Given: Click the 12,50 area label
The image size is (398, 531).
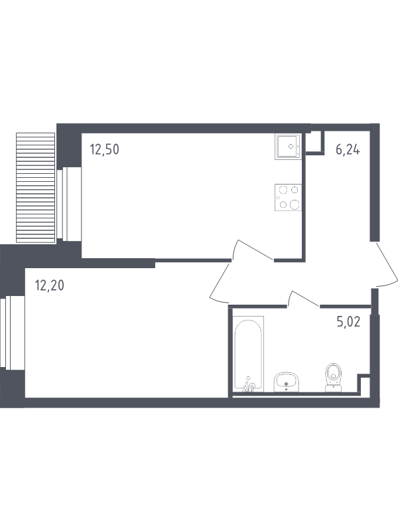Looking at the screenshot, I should click(x=104, y=149).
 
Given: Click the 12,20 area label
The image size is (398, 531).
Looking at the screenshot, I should click(x=49, y=286).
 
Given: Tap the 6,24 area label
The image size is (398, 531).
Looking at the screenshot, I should click(x=348, y=149).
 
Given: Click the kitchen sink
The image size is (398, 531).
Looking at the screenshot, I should click(x=288, y=146).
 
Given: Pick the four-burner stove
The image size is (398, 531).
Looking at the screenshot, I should click(x=288, y=197).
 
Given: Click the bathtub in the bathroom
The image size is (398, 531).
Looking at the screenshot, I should click(x=249, y=354).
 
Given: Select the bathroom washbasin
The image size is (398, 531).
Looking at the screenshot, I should click(x=287, y=382).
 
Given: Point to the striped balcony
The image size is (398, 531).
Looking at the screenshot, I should click(x=36, y=188).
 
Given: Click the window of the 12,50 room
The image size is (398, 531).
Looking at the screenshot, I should click(x=70, y=204).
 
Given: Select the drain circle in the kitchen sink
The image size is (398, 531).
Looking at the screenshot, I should click(x=291, y=146).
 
